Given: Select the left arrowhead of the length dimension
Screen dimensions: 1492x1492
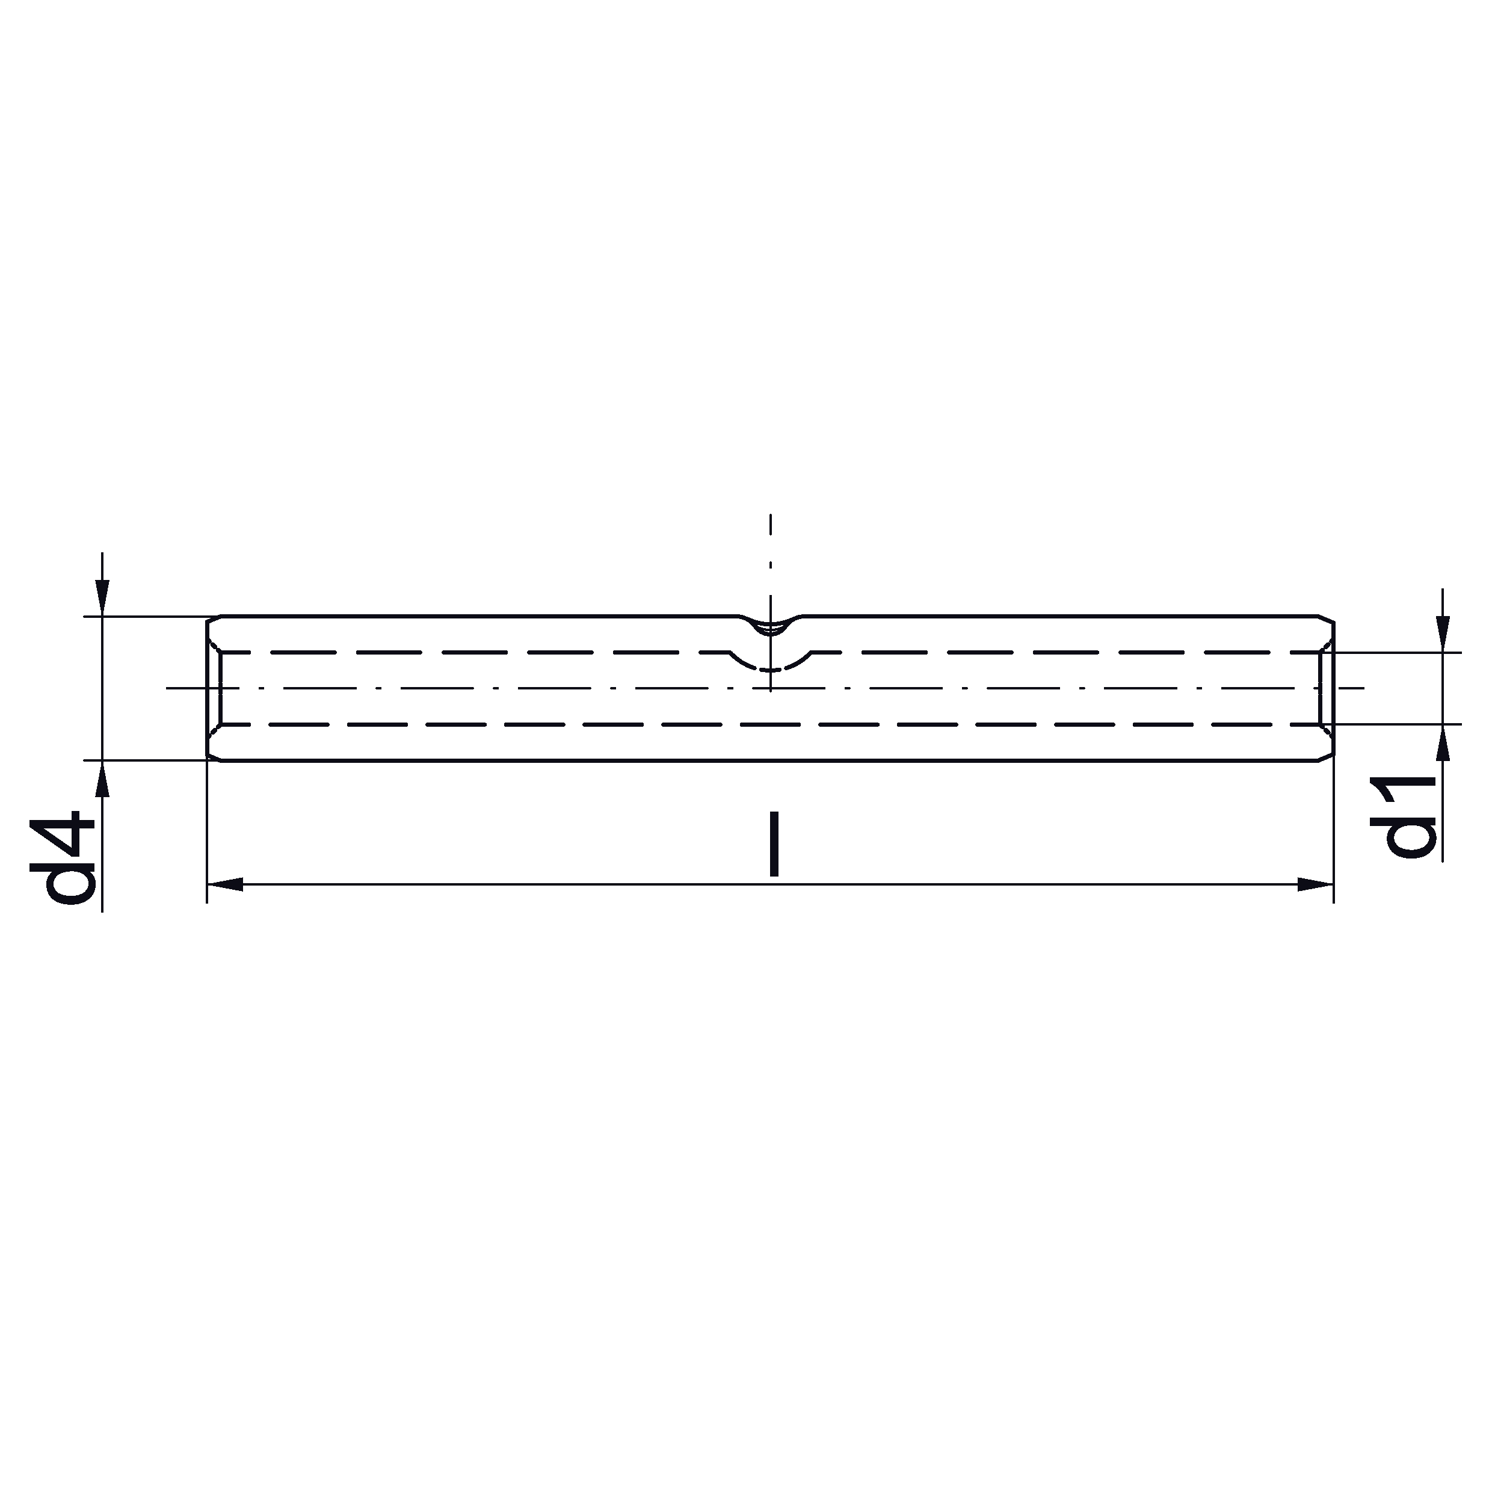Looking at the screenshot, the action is tap(225, 885).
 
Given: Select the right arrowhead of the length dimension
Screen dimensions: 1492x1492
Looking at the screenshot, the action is tap(1316, 885).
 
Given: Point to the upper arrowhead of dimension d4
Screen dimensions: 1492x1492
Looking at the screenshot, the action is tap(102, 598).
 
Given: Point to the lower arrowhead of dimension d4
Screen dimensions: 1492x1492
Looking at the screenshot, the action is tap(102, 778).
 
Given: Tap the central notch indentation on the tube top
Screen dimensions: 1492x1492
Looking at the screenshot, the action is tap(771, 626).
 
